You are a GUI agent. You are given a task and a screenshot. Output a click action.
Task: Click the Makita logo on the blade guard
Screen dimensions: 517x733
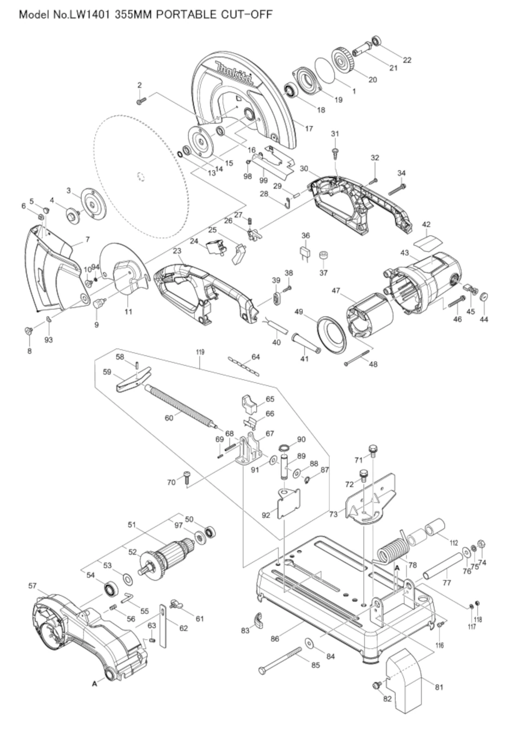(234, 74)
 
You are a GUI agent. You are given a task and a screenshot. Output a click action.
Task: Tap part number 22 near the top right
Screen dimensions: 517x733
(407, 60)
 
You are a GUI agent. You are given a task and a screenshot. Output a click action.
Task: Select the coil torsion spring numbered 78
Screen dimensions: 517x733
(393, 552)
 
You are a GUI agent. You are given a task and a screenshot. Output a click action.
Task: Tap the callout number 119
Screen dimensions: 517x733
(200, 352)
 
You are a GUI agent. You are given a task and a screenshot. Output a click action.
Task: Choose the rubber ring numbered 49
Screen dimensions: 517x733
(331, 335)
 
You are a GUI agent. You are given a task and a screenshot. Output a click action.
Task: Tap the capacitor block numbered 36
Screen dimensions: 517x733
(305, 254)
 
